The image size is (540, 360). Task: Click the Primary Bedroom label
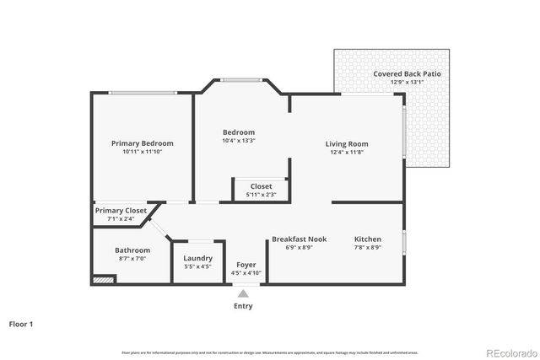142,143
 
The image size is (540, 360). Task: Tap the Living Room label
347,144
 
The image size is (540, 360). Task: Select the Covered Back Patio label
407,74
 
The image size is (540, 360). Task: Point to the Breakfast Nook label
299,239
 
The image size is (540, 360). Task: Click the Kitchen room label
367,239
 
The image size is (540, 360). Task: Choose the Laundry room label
198,258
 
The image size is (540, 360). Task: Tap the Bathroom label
132,250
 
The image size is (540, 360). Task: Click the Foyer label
246,264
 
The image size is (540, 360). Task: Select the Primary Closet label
121,211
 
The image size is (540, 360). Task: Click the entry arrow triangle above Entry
243,293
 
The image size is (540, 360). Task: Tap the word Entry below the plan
243,306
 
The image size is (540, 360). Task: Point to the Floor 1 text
21,323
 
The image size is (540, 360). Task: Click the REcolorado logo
510,352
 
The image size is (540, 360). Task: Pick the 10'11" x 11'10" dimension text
142,152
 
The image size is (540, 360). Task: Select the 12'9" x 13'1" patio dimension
407,83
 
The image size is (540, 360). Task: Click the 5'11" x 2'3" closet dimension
261,195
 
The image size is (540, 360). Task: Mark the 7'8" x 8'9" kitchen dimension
367,247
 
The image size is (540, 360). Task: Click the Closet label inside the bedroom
261,186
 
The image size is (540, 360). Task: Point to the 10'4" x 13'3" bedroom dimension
239,141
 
